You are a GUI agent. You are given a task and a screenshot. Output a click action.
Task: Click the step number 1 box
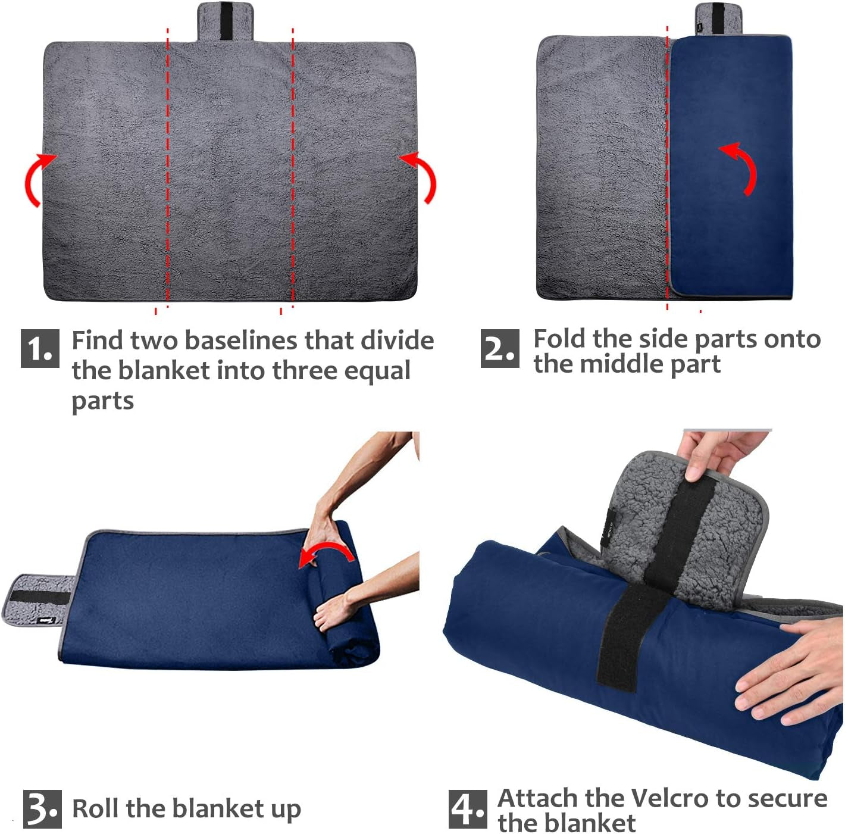pyautogui.click(x=40, y=348)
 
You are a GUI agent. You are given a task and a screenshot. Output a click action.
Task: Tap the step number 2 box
pyautogui.click(x=500, y=348)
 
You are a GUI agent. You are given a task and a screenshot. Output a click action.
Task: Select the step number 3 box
pyautogui.click(x=42, y=808)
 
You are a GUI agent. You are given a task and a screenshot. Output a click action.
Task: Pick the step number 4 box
pyautogui.click(x=468, y=808)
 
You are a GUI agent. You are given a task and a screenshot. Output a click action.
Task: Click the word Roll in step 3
pyautogui.click(x=96, y=808)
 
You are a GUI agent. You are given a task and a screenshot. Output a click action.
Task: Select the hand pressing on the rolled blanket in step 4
pyautogui.click(x=791, y=673)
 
